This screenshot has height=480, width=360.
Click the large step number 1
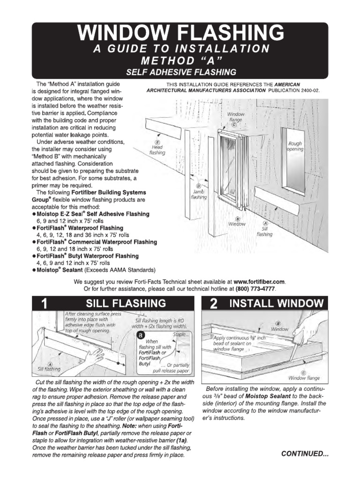(44, 304)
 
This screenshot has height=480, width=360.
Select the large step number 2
(213, 304)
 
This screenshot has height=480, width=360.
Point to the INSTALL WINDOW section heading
(276, 304)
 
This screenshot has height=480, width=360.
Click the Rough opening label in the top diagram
(295, 146)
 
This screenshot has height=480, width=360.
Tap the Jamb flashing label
(198, 194)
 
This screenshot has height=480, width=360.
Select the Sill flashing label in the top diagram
(265, 231)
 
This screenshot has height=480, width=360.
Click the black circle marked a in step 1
(140, 335)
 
